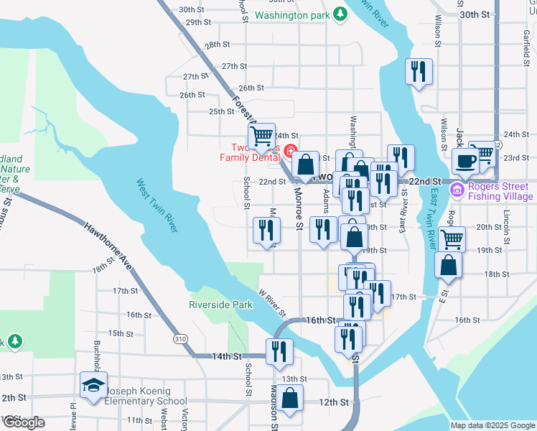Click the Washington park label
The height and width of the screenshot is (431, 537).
tap(291, 14)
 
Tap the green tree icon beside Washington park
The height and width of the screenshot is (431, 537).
tap(340, 14)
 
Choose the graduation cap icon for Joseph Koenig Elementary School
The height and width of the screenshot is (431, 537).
tap(93, 386)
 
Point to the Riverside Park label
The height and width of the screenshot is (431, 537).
tap(221, 305)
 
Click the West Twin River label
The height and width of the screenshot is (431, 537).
tap(157, 205)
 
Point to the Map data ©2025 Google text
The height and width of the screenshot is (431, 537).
tap(492, 425)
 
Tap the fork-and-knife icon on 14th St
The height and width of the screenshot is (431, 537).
tap(276, 351)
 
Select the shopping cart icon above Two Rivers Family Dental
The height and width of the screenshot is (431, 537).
tap(262, 134)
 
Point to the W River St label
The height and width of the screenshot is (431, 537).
tap(272, 305)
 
